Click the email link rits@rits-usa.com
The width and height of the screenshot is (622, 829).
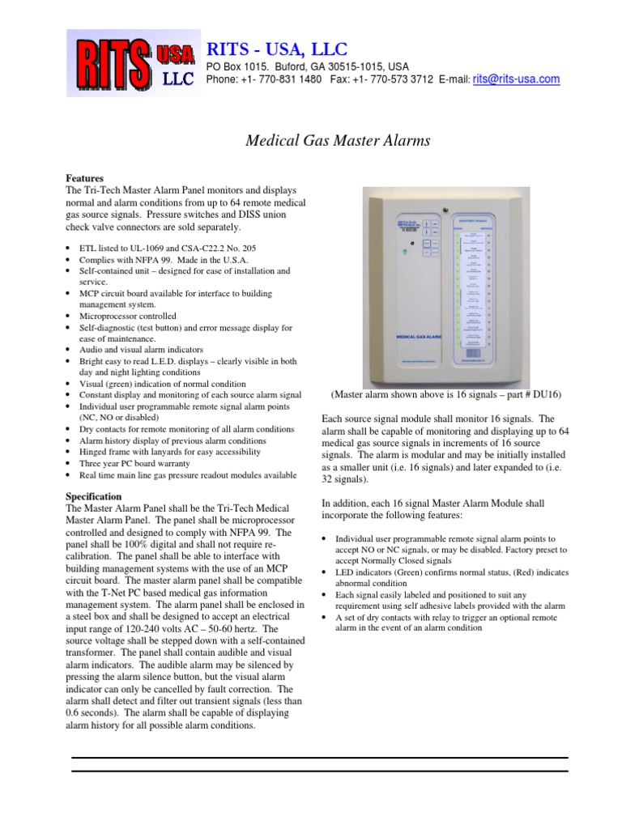516,79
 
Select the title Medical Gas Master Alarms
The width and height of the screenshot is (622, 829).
338,141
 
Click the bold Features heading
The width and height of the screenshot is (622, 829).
85,176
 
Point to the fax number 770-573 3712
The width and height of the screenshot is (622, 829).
400,79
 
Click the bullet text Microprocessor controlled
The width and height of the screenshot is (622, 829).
128,316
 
